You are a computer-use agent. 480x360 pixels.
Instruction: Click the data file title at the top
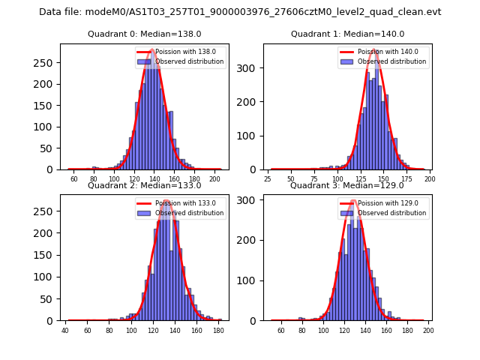coord(240,12)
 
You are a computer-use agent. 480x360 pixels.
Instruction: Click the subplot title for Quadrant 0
coord(144,34)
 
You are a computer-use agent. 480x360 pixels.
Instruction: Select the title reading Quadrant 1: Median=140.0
coord(347,34)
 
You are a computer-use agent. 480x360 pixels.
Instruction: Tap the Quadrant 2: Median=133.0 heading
coord(144,185)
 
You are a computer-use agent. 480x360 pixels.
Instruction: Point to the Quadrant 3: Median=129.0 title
coord(347,185)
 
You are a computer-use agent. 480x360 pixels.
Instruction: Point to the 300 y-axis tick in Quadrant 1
coord(252,67)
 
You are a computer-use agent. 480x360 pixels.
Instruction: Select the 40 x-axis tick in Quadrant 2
coord(65,331)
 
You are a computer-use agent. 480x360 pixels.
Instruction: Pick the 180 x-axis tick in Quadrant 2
coord(218,331)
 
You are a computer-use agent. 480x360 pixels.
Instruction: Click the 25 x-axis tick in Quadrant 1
coord(268,180)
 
